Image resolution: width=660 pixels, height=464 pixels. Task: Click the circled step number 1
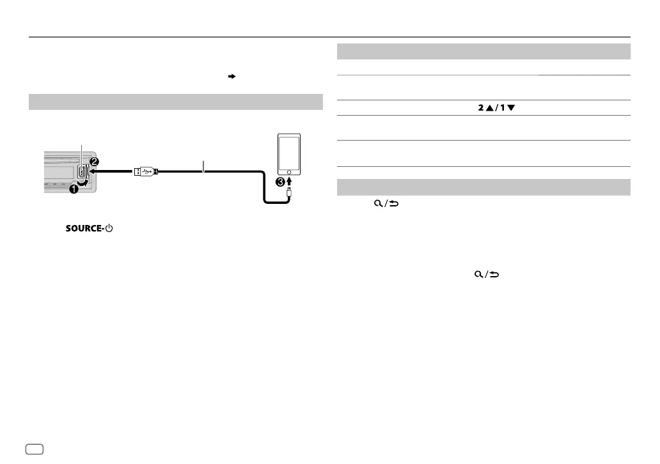point(74,189)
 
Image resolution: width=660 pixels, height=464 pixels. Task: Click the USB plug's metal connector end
point(136,171)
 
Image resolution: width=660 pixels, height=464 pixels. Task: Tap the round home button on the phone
point(290,172)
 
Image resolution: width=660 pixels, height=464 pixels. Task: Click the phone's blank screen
point(290,151)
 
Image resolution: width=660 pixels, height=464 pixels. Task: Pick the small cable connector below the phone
point(290,193)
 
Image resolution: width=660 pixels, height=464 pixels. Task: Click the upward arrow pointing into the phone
point(290,182)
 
